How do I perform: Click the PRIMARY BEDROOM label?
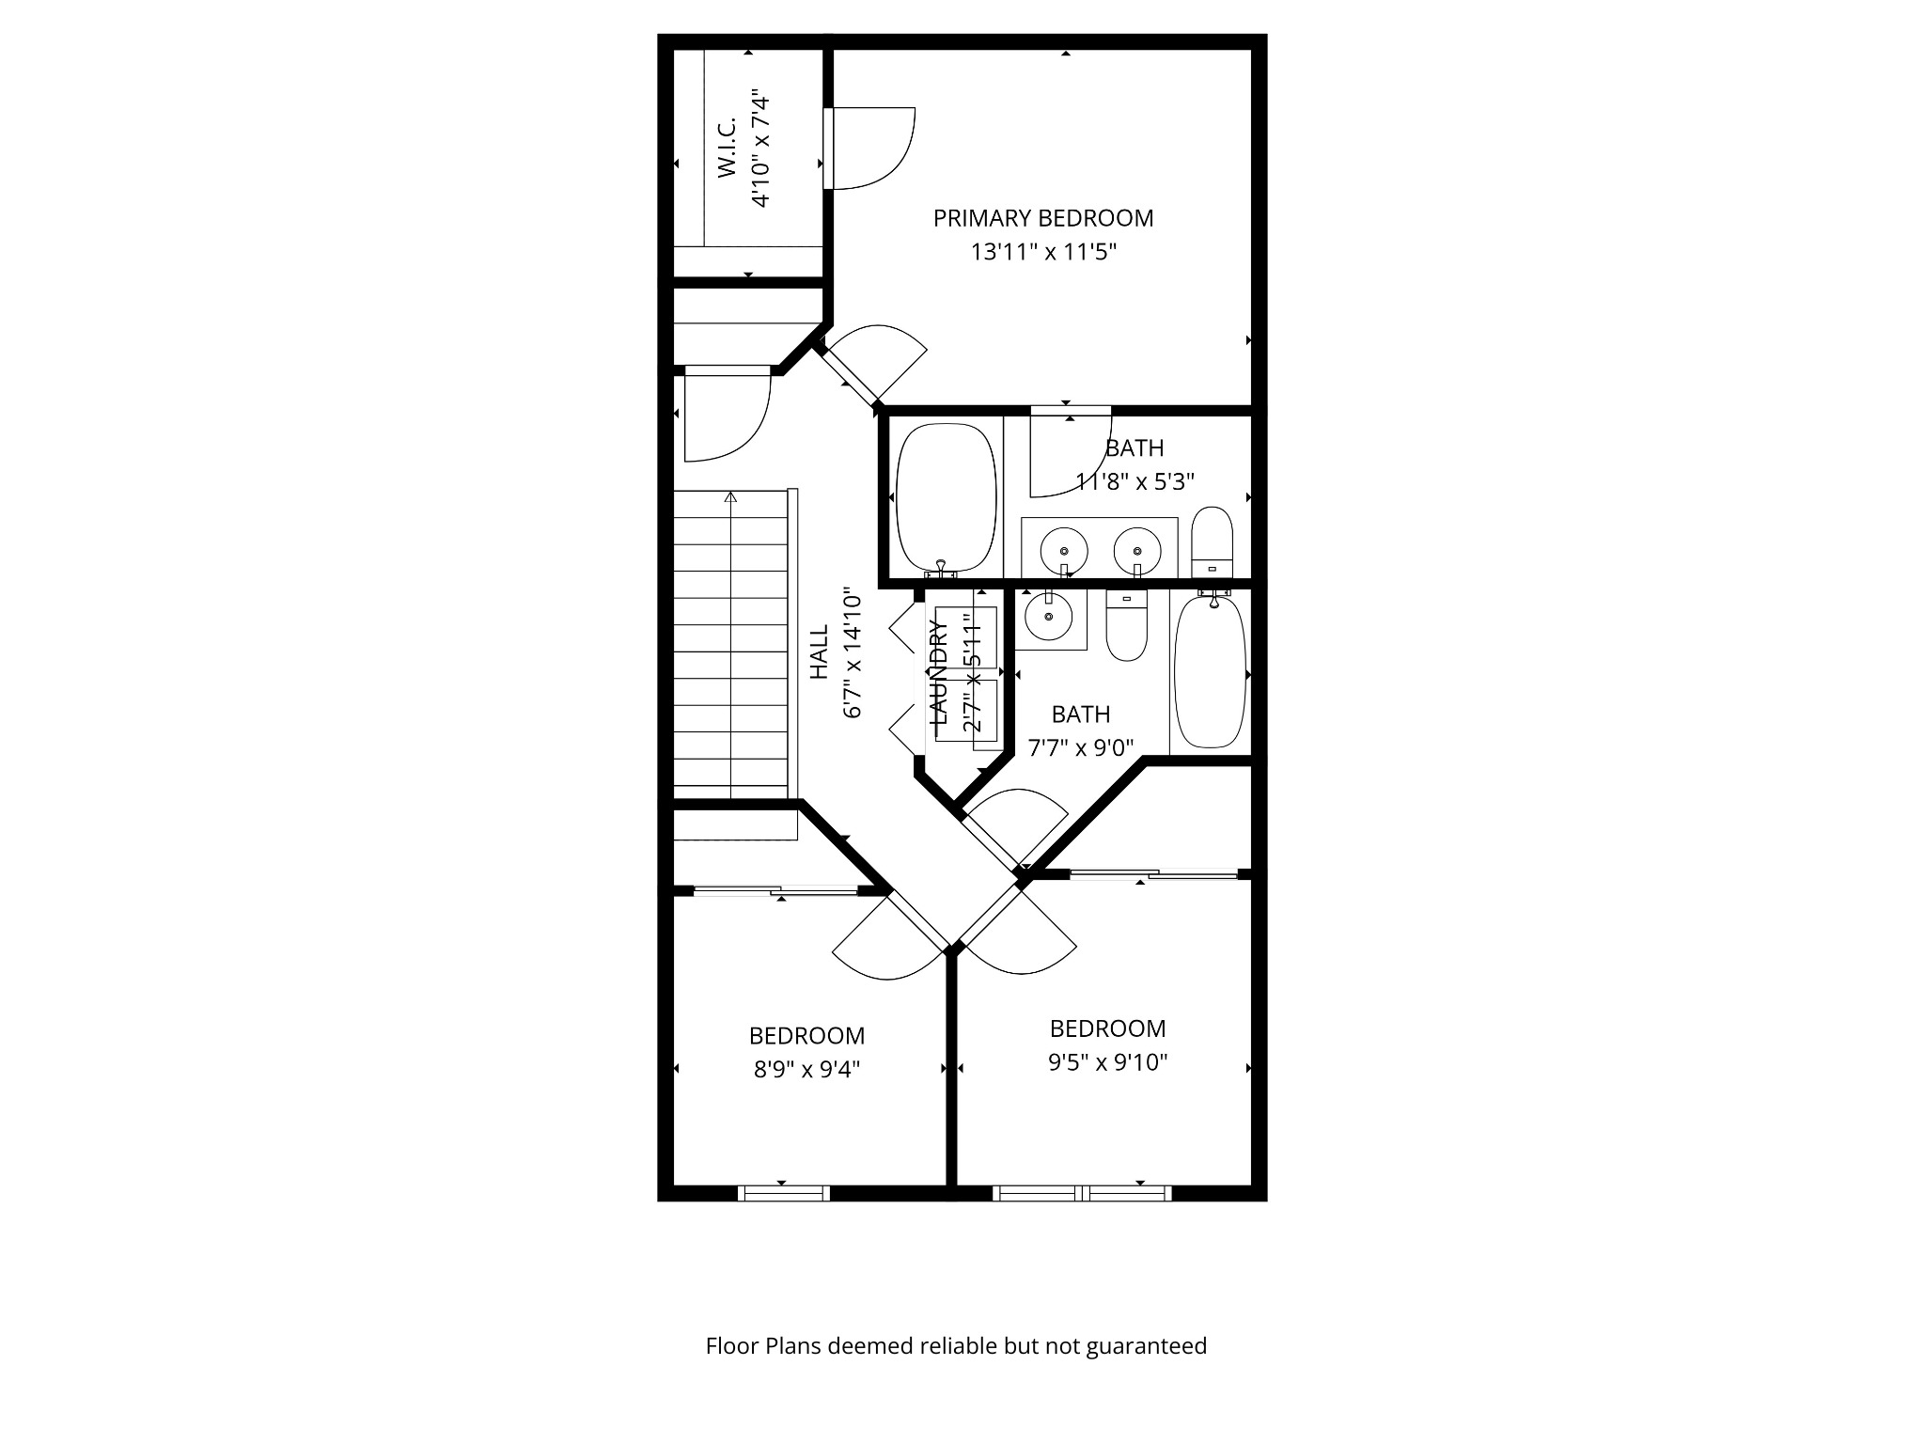(1042, 218)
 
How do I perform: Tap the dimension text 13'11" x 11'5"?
(1043, 252)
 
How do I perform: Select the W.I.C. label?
(728, 152)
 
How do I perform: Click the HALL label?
(820, 651)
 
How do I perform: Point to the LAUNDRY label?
(939, 671)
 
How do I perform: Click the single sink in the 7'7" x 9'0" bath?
(1048, 618)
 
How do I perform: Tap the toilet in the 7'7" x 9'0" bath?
(1126, 625)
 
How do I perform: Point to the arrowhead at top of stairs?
(730, 496)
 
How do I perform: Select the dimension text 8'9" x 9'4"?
(806, 1070)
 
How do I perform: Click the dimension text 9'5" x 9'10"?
(1107, 1062)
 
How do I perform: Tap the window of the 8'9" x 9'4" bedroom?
(783, 1193)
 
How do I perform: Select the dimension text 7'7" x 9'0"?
(1081, 748)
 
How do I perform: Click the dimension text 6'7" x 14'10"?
(853, 653)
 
